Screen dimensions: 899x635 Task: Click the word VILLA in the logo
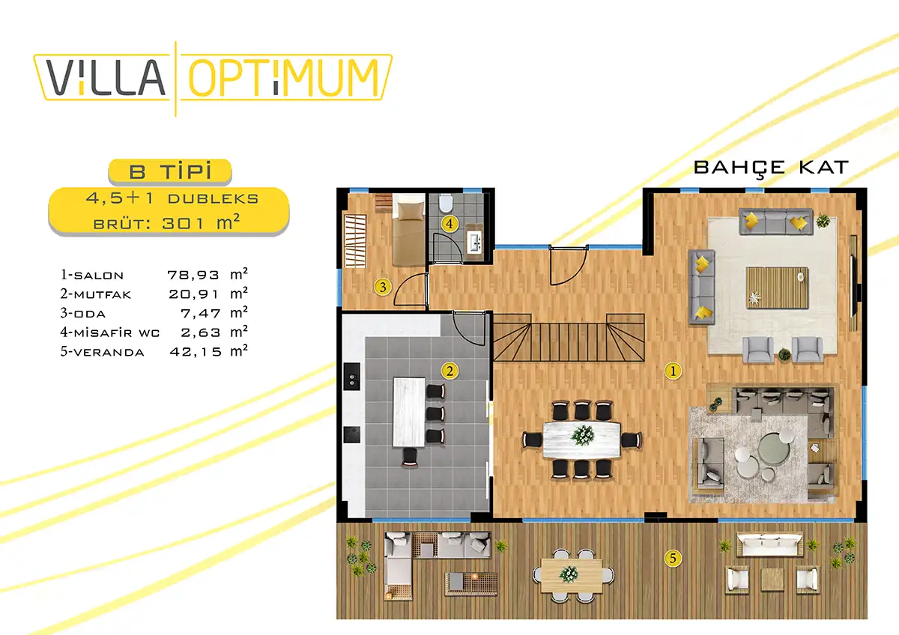106,77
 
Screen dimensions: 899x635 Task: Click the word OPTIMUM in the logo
284,78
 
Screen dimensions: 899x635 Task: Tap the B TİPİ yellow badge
170,171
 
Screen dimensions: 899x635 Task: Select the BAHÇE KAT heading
771,168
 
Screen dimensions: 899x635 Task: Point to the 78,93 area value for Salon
193,275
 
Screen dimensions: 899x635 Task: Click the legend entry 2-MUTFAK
96,294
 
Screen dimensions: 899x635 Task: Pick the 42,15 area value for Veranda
196,352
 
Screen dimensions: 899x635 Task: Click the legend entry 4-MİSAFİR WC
110,332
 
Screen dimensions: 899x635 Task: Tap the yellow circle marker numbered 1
673,371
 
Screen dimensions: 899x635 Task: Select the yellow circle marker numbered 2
449,371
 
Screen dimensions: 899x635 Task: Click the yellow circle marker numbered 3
383,287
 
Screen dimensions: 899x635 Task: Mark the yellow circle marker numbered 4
449,223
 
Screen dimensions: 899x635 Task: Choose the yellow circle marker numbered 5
673,558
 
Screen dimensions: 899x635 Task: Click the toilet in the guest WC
446,203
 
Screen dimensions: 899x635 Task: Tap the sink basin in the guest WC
476,242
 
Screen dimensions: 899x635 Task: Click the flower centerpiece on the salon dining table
583,435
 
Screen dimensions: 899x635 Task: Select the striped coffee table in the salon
777,288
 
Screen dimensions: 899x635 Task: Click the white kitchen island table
409,412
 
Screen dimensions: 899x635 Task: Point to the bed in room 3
408,230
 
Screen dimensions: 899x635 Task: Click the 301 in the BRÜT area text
183,223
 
